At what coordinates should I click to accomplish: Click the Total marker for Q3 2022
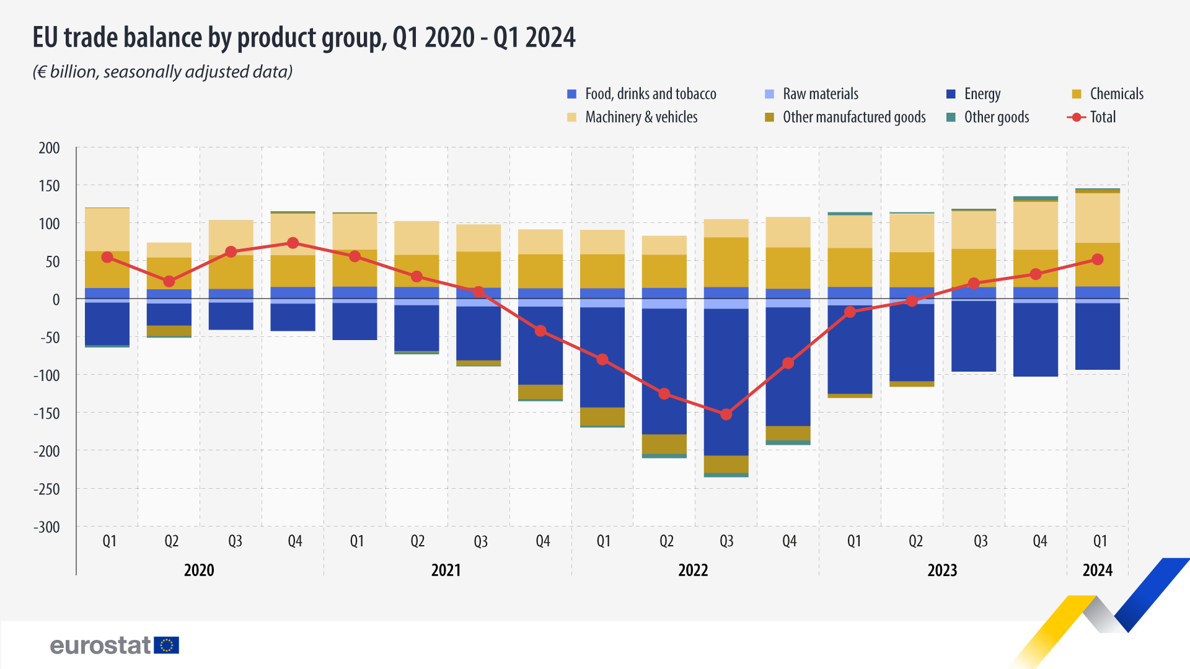726,414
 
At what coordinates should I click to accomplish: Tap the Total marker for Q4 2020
293,243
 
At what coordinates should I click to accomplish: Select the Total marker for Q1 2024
1098,260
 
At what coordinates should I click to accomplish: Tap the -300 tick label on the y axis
47,527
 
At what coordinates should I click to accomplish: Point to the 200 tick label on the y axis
49,148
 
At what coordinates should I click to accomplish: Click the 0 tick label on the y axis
56,300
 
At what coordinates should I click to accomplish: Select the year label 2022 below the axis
693,570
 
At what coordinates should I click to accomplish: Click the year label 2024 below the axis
1098,570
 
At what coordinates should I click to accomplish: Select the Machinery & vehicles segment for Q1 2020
107,229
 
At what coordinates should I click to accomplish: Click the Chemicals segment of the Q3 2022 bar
726,262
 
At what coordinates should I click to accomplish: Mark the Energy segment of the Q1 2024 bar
1098,336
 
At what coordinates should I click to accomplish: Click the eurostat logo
115,645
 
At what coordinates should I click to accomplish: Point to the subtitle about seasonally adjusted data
162,72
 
